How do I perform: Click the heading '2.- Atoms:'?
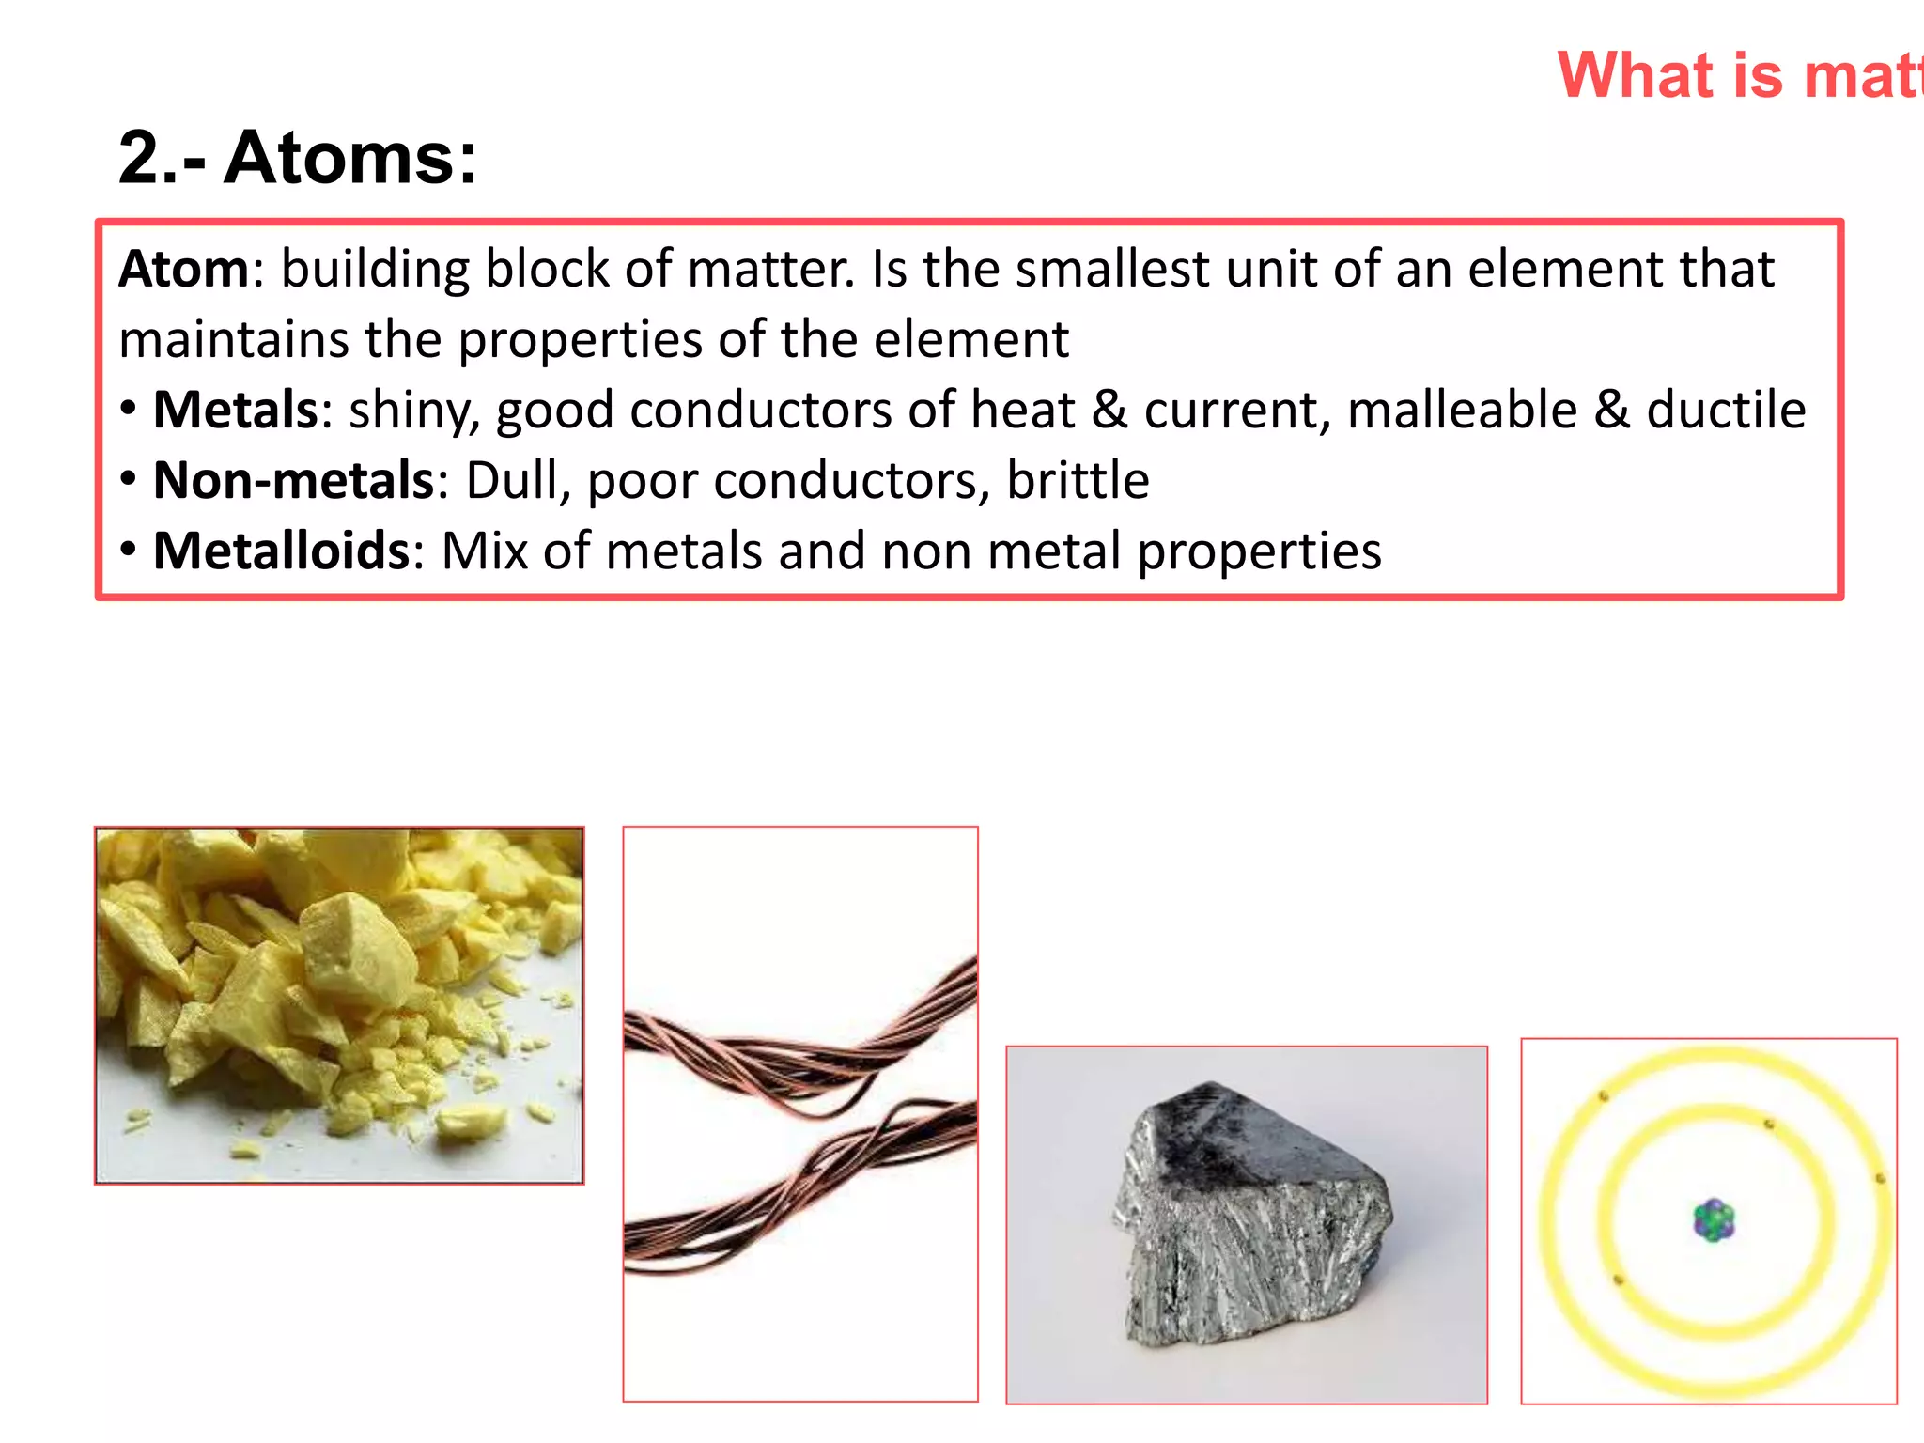click(x=298, y=157)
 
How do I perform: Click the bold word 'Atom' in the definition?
click(x=184, y=270)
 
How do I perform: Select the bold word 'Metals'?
click(x=236, y=411)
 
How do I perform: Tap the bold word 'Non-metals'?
click(x=293, y=481)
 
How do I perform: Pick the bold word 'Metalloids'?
click(x=282, y=551)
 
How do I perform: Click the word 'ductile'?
click(x=1726, y=411)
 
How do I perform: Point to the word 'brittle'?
click(x=1078, y=481)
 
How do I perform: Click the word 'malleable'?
click(x=1462, y=411)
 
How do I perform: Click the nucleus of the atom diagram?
click(x=1714, y=1220)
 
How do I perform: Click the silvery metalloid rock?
click(x=1249, y=1221)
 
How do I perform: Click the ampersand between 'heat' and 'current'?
click(x=1109, y=411)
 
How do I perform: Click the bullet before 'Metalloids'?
click(x=130, y=549)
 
